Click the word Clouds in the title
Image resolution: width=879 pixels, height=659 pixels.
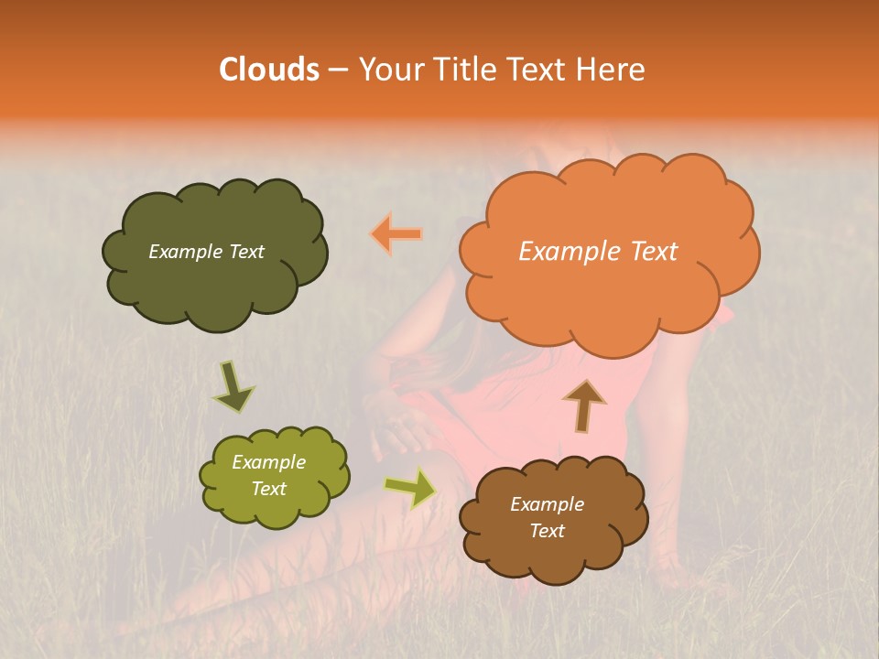point(268,70)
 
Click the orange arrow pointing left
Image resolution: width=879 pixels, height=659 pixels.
point(396,234)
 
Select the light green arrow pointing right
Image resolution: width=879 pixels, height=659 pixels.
point(410,488)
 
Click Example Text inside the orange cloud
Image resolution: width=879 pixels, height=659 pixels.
point(598,252)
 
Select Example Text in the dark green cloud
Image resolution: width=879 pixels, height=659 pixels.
point(206,252)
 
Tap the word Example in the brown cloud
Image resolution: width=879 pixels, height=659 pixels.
point(547,504)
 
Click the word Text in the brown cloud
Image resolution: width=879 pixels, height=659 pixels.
point(547,531)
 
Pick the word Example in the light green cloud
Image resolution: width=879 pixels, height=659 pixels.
point(268,462)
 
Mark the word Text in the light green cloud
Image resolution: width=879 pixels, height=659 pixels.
point(268,489)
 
